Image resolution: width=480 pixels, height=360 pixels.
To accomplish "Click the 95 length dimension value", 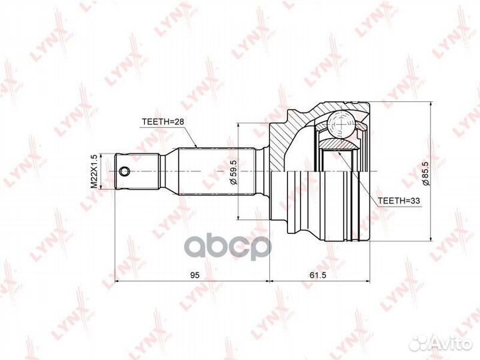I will tap(194, 274).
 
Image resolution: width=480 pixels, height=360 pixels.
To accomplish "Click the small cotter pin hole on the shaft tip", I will tap(124, 172).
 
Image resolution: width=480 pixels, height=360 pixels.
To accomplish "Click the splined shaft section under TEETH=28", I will tap(213, 171).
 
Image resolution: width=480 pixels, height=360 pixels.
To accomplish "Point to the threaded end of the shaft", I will tap(137, 171).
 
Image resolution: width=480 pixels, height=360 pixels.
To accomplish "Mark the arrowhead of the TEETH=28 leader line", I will tap(196, 146).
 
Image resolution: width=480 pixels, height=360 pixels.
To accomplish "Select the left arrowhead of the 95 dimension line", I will tap(119, 282).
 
